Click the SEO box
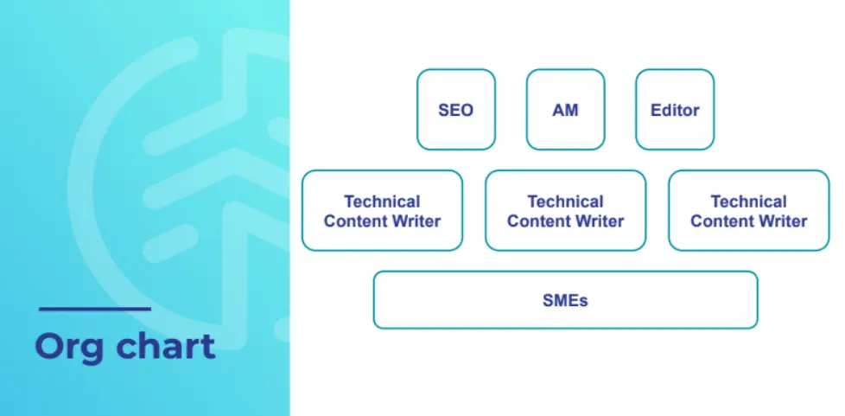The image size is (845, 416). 456,110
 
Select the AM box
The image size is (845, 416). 565,110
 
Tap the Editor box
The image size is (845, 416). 675,110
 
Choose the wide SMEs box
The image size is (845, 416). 565,300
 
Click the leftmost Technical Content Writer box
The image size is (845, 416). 382,210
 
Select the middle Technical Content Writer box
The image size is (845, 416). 565,210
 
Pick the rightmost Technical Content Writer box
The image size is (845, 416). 748,210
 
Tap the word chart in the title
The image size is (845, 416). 166,346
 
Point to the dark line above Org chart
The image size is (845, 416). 95,309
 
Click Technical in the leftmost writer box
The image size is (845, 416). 382,202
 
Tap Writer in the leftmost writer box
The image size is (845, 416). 415,221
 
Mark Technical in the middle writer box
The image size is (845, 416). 565,202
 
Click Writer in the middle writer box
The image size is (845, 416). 598,221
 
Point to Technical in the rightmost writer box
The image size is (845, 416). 748,202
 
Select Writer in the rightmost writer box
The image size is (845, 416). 781,221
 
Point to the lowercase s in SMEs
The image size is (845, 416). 583,302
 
